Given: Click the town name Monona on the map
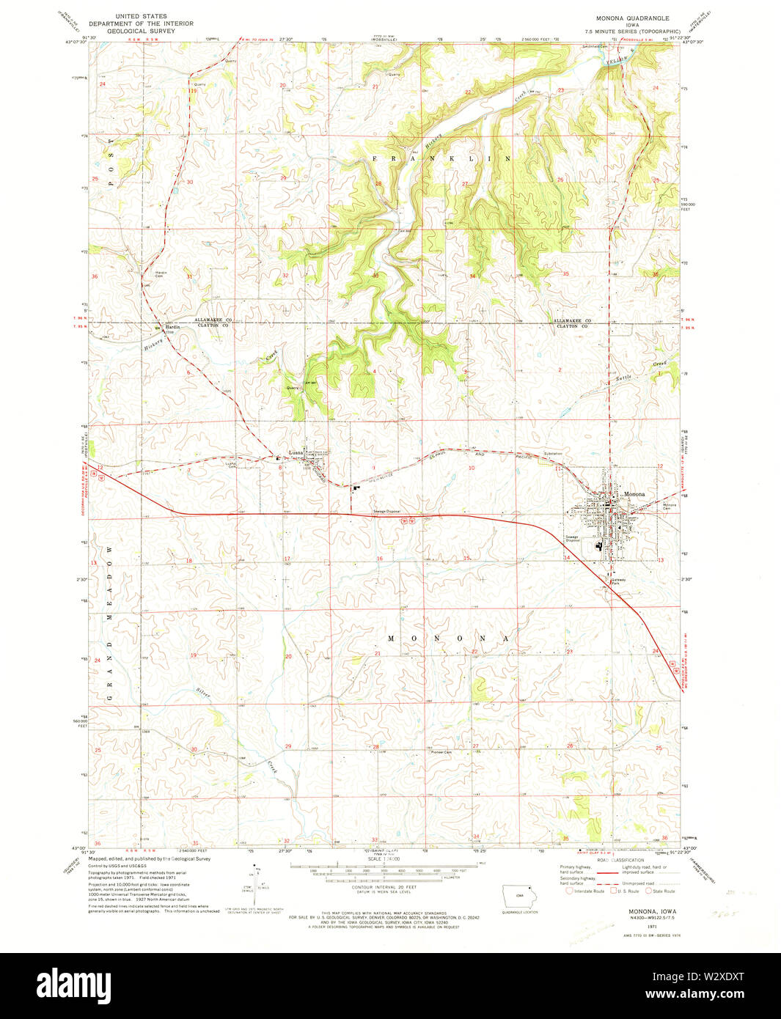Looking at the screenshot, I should (634, 494).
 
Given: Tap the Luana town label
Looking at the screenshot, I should (296, 452).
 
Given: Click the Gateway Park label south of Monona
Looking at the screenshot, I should (619, 581).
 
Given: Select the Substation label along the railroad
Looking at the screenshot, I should (553, 454).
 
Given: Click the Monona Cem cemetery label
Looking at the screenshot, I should (670, 507).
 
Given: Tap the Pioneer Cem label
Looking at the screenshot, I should (441, 752).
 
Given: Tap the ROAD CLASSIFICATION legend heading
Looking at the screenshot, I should (620, 860).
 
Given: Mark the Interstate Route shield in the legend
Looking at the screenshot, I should (569, 891).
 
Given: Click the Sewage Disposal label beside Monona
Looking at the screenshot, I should (572, 538).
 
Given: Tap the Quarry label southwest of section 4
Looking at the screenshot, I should (293, 388).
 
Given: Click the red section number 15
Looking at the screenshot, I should (467, 559).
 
